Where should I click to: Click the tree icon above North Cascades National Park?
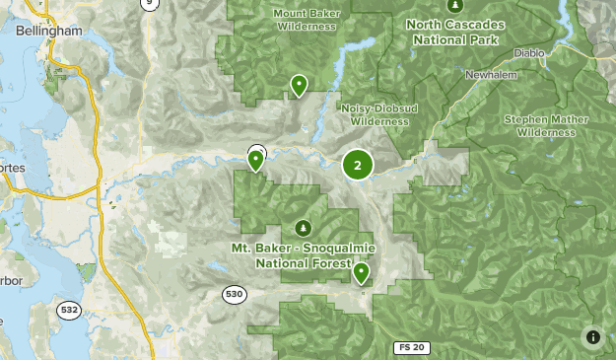click(x=453, y=6)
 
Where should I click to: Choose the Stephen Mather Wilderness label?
click(x=539, y=125)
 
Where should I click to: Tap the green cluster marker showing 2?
click(x=357, y=166)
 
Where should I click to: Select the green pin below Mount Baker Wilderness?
click(x=298, y=87)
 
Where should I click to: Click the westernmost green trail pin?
click(x=255, y=158)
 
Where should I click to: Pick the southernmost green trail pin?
click(x=362, y=273)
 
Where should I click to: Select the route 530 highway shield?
click(x=233, y=294)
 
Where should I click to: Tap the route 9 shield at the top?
click(x=150, y=4)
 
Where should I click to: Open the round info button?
click(x=592, y=336)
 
